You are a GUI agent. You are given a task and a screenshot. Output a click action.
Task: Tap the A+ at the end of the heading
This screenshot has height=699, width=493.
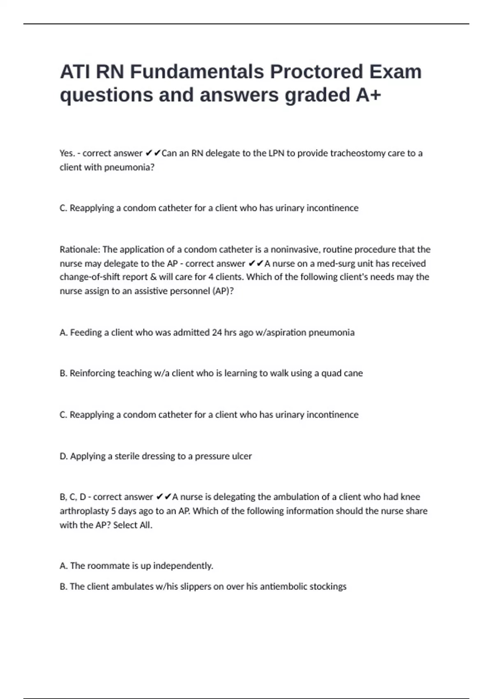click(x=369, y=95)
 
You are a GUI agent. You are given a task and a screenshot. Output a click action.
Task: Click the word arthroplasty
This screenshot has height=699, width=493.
click(x=84, y=511)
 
